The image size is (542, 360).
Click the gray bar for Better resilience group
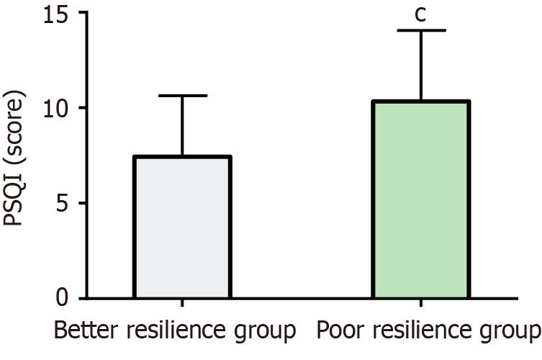click(x=182, y=228)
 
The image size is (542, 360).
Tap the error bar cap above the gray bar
click(x=182, y=96)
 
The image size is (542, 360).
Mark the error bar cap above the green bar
click(x=421, y=30)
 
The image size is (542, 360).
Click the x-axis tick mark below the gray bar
click(x=182, y=304)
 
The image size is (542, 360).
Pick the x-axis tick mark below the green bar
click(x=421, y=304)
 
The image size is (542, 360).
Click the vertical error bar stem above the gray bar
click(x=182, y=126)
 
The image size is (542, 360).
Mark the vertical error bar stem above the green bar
click(x=421, y=65)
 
